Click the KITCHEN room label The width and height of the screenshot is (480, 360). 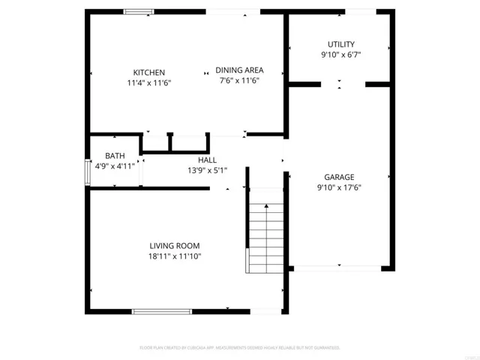coord(149,72)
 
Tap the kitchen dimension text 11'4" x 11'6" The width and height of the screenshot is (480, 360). coord(149,82)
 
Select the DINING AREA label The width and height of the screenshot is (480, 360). coord(239,70)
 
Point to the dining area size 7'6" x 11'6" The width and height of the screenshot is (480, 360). coord(239,80)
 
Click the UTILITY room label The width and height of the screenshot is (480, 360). coord(341,44)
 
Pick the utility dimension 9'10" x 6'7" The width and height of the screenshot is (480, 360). coord(341,55)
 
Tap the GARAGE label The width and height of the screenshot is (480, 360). coord(340,178)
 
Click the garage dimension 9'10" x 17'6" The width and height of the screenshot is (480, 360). coord(340,188)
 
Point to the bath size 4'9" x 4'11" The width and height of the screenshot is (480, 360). coord(115,166)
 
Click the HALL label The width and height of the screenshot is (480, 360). coord(207,160)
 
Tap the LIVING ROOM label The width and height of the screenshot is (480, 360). coord(174,245)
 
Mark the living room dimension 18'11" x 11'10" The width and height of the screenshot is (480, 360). coord(174,256)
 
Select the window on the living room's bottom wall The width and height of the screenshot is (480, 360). coord(161,310)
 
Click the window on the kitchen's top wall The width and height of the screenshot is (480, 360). coord(138,11)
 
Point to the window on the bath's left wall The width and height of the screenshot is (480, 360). coord(87,172)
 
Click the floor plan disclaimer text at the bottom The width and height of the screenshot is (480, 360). coord(240,348)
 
